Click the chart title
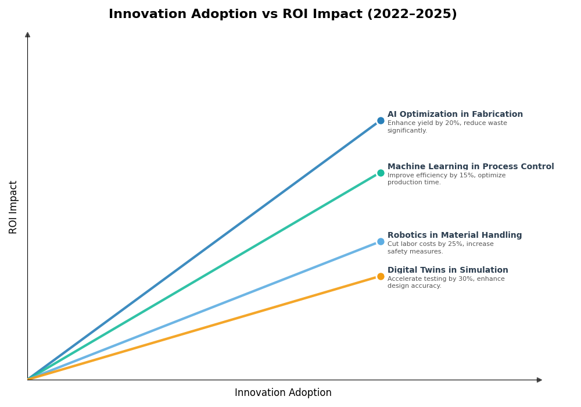click(x=282, y=15)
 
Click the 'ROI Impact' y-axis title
click(x=13, y=207)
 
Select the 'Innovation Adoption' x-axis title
click(x=283, y=393)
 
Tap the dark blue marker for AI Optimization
click(x=381, y=121)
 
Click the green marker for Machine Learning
click(x=381, y=173)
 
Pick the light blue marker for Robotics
click(x=381, y=241)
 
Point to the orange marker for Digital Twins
click(x=381, y=276)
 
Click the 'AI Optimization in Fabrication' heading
click(x=455, y=115)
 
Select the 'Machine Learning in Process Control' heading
click(x=471, y=167)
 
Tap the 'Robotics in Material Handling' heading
click(x=454, y=235)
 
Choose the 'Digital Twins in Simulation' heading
click(x=447, y=270)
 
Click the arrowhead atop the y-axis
click(x=27, y=35)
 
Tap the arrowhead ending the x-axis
click(x=539, y=380)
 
